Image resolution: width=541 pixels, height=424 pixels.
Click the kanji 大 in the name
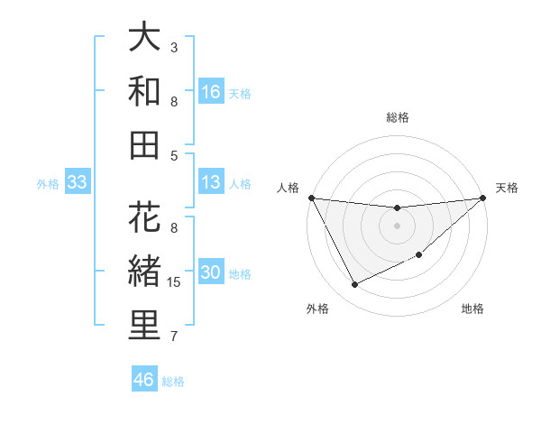tap(144, 38)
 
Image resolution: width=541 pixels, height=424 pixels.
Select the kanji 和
tap(144, 91)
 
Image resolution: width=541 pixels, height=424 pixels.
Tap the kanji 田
tap(144, 144)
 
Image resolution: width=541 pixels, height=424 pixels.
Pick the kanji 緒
tap(144, 272)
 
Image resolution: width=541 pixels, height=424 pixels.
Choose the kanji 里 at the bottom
tap(144, 326)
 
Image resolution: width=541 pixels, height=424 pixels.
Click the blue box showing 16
tap(211, 92)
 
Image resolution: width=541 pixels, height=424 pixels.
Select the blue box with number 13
tap(211, 183)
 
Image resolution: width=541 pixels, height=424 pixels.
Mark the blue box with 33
tap(78, 183)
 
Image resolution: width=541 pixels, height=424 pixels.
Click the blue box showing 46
tap(144, 380)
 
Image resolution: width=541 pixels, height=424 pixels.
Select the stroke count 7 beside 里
tap(174, 336)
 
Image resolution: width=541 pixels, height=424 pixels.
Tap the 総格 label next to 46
tap(174, 382)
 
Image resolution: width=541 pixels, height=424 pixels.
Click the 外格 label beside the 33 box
tap(48, 184)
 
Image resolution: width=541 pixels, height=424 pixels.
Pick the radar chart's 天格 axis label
tap(507, 188)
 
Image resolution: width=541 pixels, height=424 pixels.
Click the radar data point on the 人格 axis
tap(311, 198)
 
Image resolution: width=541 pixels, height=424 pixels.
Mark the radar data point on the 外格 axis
tap(354, 285)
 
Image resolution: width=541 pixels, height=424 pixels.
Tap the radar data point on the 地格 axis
tap(418, 255)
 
